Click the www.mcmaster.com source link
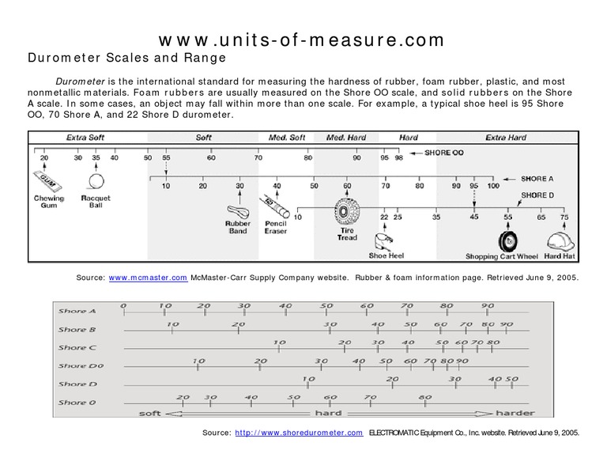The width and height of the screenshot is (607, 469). [x=148, y=278]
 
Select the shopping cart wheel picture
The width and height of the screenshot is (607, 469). [x=507, y=240]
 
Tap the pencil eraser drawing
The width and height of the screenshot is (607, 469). [x=274, y=207]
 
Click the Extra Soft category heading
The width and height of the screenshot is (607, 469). [x=85, y=138]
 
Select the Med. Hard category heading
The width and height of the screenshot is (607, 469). [x=346, y=138]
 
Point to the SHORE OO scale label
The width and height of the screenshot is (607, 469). [x=444, y=152]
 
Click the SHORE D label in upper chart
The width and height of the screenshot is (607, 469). [x=537, y=195]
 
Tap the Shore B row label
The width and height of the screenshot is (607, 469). [x=77, y=329]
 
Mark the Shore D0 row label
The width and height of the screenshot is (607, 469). [x=78, y=366]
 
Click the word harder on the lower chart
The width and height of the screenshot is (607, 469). [x=515, y=414]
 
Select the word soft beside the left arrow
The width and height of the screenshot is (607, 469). [x=150, y=414]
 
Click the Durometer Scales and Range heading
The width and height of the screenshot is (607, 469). [x=127, y=58]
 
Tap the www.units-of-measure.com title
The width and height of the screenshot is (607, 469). [x=303, y=39]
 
